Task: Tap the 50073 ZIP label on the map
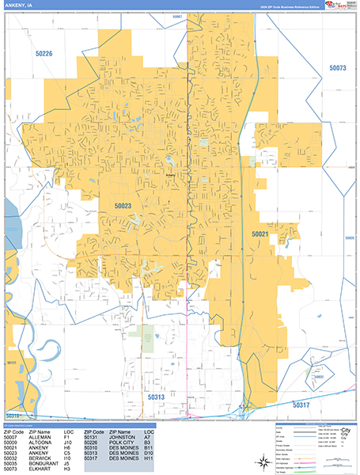pyautogui.click(x=338, y=69)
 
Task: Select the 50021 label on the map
pyautogui.click(x=260, y=234)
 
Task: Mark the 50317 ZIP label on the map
pyautogui.click(x=302, y=405)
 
